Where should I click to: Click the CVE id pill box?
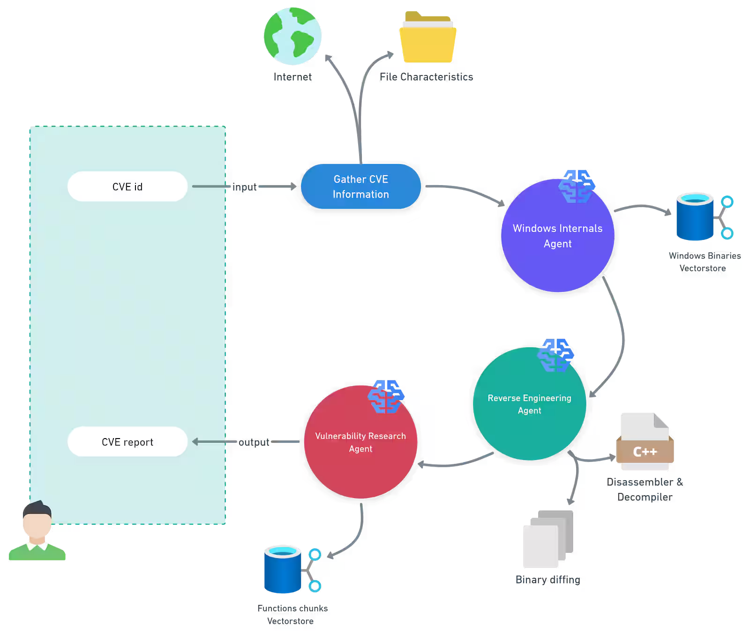127,186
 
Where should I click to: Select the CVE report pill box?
127,442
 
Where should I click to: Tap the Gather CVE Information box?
360,186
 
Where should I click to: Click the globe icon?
293,37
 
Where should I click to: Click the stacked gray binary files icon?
547,539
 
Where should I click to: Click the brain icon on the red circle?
385,396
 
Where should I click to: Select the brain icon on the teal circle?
556,355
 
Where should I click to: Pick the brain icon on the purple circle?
577,186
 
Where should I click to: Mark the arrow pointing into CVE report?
220,442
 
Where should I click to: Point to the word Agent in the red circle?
360,449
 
